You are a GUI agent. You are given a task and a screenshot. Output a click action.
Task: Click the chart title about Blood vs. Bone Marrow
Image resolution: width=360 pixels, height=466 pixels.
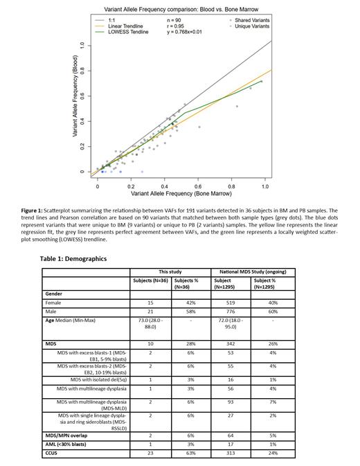point(179,10)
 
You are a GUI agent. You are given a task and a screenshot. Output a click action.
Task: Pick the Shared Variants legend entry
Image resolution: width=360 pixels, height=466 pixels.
point(251,21)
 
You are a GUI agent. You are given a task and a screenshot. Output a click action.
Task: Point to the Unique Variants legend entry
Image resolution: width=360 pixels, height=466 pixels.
point(251,26)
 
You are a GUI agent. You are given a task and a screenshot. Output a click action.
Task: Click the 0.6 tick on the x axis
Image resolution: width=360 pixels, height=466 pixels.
point(198,187)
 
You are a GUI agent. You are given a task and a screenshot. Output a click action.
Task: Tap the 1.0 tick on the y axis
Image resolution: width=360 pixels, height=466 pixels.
point(82,45)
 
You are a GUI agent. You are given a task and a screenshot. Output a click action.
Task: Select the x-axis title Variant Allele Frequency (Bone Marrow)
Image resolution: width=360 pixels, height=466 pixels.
point(179,194)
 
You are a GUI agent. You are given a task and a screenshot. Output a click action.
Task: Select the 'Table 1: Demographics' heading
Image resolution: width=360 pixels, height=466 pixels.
point(73,258)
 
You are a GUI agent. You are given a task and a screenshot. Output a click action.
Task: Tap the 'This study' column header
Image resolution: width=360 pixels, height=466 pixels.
point(170,271)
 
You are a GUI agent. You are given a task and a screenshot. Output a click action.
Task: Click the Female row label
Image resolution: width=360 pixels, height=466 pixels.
point(53,303)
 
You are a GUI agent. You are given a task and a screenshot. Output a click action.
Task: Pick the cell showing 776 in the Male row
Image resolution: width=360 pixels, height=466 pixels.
point(229,313)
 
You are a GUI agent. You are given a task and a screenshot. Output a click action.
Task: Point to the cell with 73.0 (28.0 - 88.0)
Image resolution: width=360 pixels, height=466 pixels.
point(151,325)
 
